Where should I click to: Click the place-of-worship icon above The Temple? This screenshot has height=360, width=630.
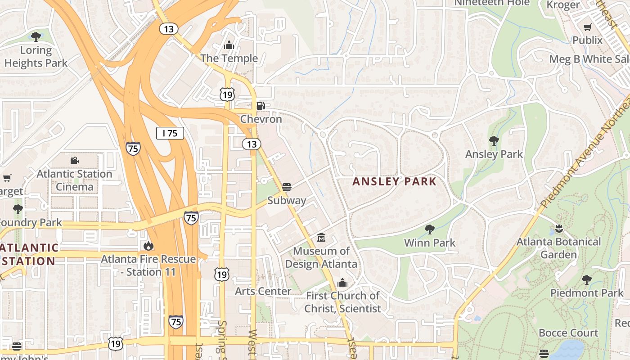[229, 45]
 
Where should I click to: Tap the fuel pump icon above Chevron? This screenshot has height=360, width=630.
[261, 106]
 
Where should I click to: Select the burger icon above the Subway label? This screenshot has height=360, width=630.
[287, 187]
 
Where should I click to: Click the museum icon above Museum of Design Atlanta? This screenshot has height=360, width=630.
[321, 237]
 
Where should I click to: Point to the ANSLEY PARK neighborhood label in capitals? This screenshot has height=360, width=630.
[394, 181]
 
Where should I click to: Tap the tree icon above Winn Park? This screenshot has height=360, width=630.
[429, 229]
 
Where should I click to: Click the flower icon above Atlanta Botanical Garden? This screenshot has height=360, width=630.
[558, 228]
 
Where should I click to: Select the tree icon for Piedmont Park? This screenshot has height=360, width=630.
[586, 280]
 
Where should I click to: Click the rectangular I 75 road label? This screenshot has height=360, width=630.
[170, 133]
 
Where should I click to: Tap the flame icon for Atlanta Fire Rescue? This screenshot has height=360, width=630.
[148, 246]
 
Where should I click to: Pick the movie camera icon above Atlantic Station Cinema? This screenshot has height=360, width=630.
[74, 160]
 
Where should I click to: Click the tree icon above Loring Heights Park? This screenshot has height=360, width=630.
[36, 36]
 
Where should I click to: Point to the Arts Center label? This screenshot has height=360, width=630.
[263, 291]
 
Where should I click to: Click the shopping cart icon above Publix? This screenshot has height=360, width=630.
[587, 27]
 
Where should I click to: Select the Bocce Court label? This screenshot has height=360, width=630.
[568, 333]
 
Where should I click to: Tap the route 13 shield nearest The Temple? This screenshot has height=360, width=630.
[168, 29]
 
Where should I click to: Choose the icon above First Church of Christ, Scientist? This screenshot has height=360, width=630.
[342, 283]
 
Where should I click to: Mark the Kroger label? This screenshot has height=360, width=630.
[563, 5]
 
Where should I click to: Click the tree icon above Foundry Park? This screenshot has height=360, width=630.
[18, 209]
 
